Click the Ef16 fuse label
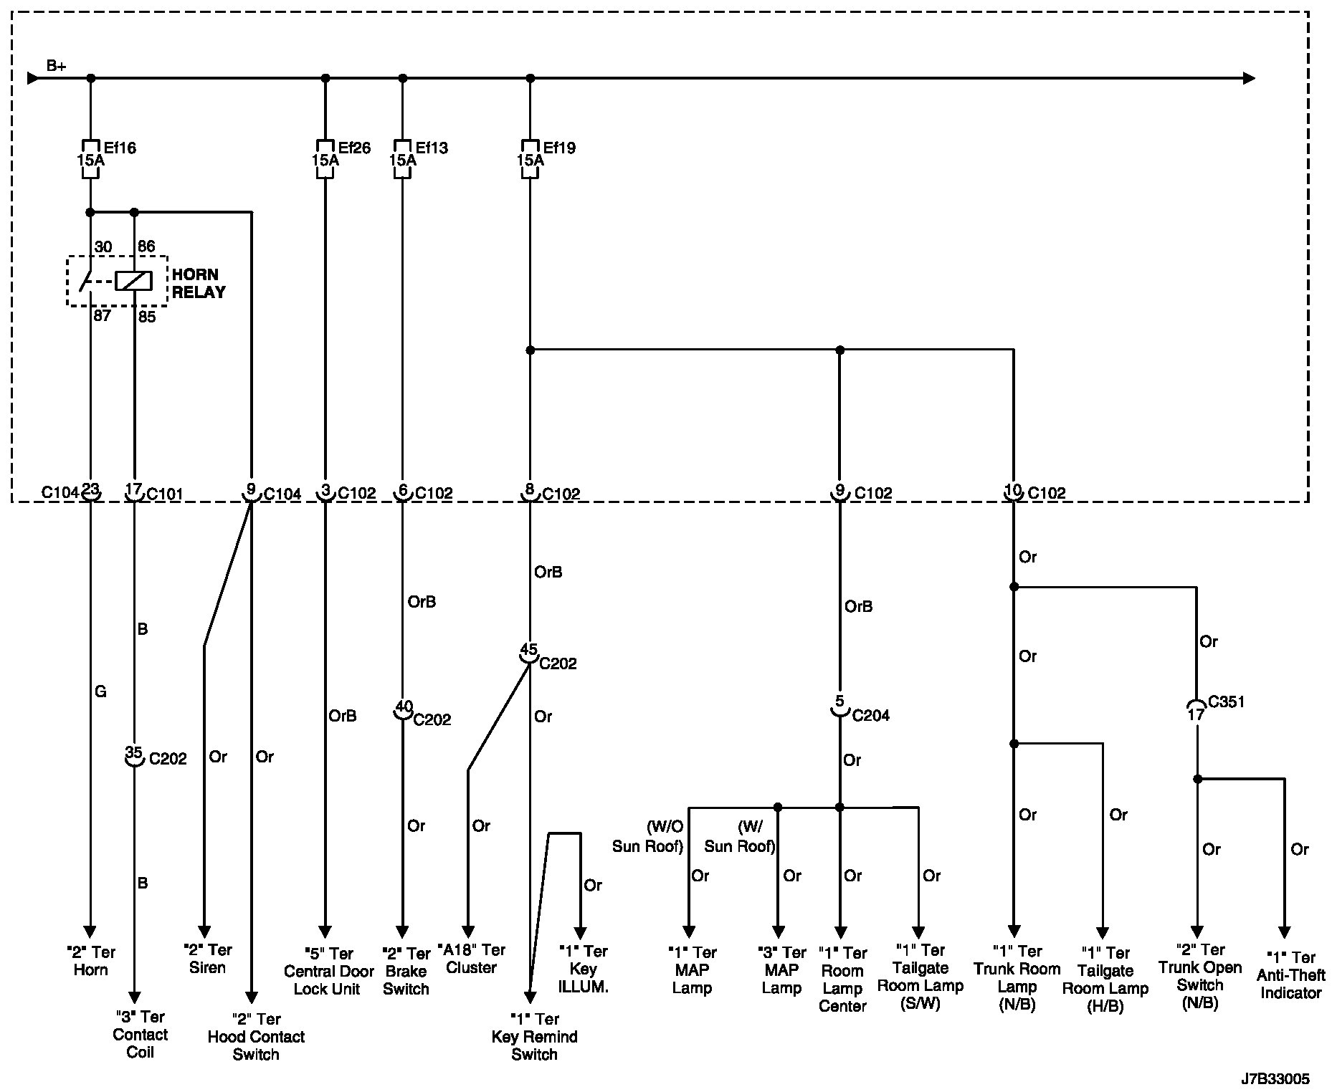tap(120, 148)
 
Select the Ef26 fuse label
tap(354, 148)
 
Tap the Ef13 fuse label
tap(432, 148)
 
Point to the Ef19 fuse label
tap(559, 148)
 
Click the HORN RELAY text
tap(199, 283)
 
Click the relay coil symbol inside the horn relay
tap(134, 280)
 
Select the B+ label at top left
tap(57, 66)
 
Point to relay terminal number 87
tap(102, 315)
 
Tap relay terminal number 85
tap(147, 316)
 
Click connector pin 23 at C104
tap(90, 490)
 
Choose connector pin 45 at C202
tap(528, 651)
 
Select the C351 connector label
tap(1226, 701)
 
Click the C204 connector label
tap(870, 715)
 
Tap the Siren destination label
tap(207, 959)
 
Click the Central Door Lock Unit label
tap(328, 971)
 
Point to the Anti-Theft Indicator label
tap(1290, 975)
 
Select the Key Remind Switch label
tap(535, 1036)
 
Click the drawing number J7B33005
tap(1276, 1078)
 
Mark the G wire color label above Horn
tap(100, 691)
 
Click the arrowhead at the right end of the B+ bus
tap(1249, 78)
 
